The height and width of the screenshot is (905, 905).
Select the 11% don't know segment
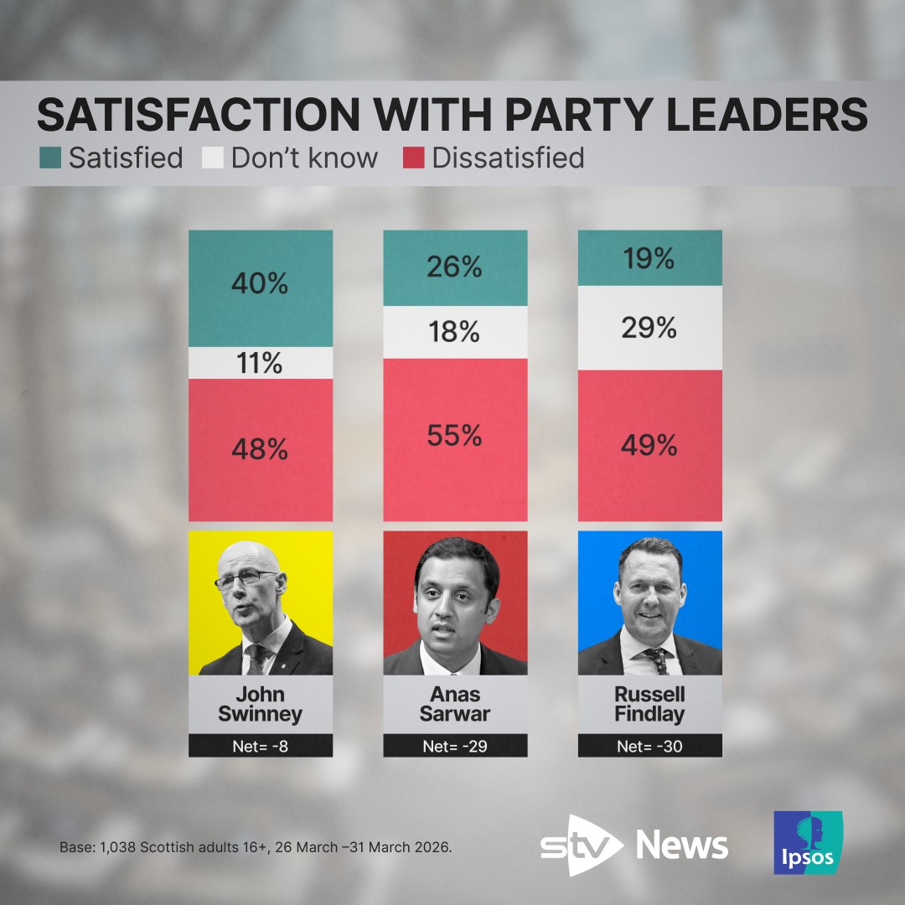point(261,363)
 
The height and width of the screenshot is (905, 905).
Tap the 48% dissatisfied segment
point(261,450)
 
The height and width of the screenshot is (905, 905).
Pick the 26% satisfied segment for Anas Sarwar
point(455,268)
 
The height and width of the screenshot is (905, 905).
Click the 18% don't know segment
point(455,333)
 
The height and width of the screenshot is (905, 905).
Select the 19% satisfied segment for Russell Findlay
point(649,258)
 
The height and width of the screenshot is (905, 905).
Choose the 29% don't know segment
point(649,328)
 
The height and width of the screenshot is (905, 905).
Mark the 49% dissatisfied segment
point(649,446)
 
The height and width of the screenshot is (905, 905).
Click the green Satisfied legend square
point(49,158)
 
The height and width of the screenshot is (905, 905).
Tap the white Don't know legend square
point(213,158)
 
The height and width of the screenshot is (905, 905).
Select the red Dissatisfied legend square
point(414,158)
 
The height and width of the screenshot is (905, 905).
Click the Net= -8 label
point(261,746)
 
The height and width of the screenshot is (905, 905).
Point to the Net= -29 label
point(455,746)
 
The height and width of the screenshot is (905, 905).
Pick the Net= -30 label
point(649,746)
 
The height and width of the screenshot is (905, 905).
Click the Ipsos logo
point(808,842)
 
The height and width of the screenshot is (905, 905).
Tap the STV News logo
point(633,845)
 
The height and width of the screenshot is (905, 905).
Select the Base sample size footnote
point(256,847)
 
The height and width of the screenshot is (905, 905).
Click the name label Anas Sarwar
point(455,705)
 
